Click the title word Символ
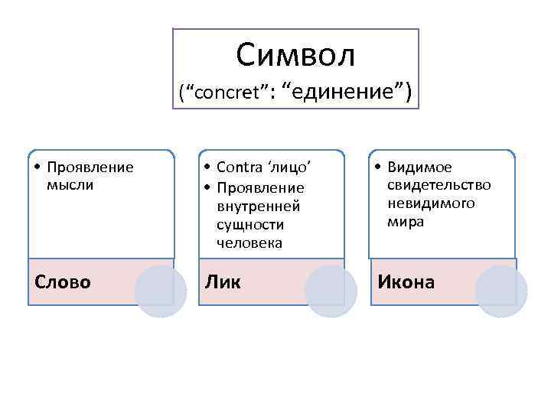click(x=296, y=54)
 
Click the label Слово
click(x=63, y=282)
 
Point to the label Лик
click(x=222, y=282)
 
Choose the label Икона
click(x=406, y=282)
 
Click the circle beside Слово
click(x=161, y=291)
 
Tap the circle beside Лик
click(x=331, y=291)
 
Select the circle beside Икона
click(x=501, y=291)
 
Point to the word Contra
click(x=238, y=167)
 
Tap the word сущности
click(x=249, y=225)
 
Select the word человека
click(x=249, y=243)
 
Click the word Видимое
click(x=419, y=167)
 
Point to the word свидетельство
click(x=439, y=185)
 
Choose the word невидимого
click(x=431, y=203)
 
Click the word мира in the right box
click(x=406, y=222)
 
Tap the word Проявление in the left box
click(x=90, y=167)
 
